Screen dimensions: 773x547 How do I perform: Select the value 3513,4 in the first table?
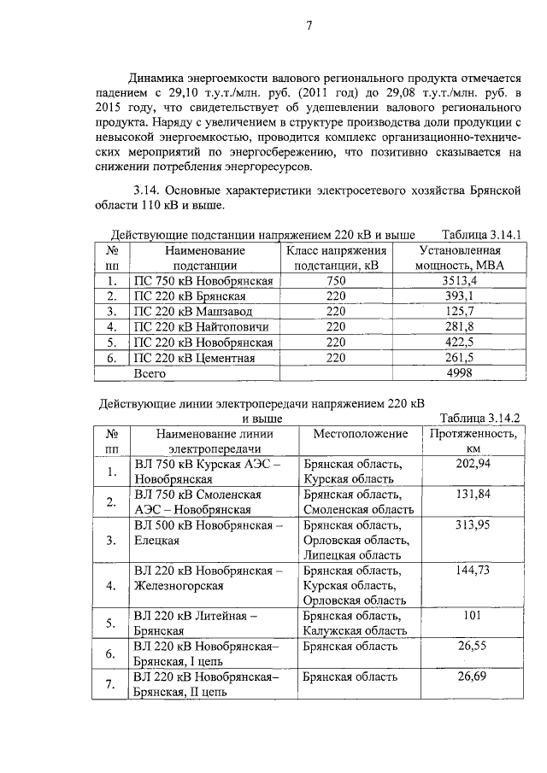point(458,280)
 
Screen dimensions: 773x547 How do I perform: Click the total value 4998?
point(458,373)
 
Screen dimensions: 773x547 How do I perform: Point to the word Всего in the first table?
point(150,373)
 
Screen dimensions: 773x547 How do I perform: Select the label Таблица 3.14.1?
point(481,234)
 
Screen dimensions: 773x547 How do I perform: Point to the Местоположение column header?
point(360,434)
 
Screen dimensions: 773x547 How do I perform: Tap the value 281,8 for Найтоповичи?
point(458,326)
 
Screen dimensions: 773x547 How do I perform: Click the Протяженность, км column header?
point(473,441)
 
